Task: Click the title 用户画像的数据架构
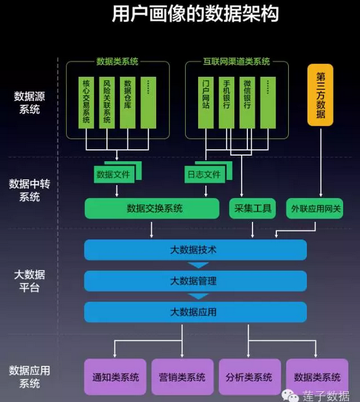pyautogui.click(x=195, y=14)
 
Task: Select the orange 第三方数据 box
pyautogui.click(x=320, y=95)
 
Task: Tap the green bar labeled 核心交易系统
pyautogui.click(x=86, y=103)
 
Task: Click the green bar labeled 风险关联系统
pyautogui.click(x=107, y=103)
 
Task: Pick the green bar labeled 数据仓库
pyautogui.click(x=128, y=103)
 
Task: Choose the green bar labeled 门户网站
pyautogui.click(x=206, y=103)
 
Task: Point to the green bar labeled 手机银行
pyautogui.click(x=227, y=103)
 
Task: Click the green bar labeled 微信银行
pyautogui.click(x=247, y=103)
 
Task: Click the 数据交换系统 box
pyautogui.click(x=152, y=208)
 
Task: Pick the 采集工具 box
pyautogui.click(x=252, y=208)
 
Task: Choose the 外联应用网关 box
pyautogui.click(x=315, y=208)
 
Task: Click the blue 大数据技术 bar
pyautogui.click(x=196, y=250)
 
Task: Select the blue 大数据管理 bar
pyautogui.click(x=196, y=281)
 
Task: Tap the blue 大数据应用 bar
pyautogui.click(x=196, y=312)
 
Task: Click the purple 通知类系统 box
pyautogui.click(x=115, y=377)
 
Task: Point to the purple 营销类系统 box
pyautogui.click(x=183, y=377)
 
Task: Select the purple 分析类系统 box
pyautogui.click(x=250, y=377)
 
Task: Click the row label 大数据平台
pyautogui.click(x=30, y=281)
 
